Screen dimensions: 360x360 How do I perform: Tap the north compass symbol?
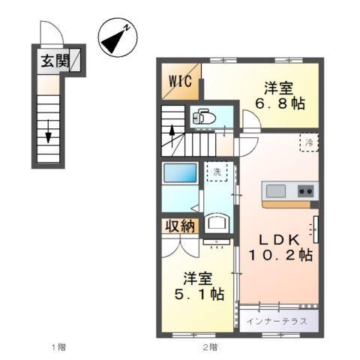coord(117,39)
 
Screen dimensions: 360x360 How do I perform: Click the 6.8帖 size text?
coord(282,103)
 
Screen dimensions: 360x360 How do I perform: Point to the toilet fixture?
coord(203,116)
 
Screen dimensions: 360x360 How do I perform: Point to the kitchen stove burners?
coord(306,190)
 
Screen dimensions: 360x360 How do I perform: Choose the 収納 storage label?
coord(179,225)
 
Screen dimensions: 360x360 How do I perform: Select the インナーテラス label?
coord(278,320)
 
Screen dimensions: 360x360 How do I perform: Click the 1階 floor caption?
coord(58,346)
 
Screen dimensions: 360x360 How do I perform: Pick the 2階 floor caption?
coord(209,346)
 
